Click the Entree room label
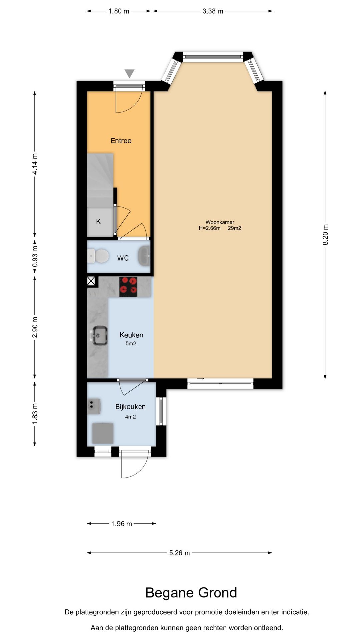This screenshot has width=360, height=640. coord(121,141)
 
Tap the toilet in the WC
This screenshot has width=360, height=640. coord(99,256)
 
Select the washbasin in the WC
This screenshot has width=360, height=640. coord(144,256)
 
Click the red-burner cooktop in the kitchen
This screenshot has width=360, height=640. coord(128,287)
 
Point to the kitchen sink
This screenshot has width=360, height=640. coord(99,336)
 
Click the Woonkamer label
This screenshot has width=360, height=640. coord(220,222)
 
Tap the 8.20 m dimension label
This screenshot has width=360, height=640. coord(325,235)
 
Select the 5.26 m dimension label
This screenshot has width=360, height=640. coord(179,553)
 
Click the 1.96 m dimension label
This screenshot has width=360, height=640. coord(122,524)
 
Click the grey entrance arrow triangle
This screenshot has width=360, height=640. coord(129,73)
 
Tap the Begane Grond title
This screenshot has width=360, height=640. coord(191,593)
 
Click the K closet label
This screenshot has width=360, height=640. coord(98,222)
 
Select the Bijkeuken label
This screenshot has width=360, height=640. coord(130,407)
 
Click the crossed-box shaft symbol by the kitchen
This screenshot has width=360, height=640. coord(91,281)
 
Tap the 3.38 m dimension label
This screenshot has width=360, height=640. coord(213,11)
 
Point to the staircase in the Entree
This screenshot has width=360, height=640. coord(100,180)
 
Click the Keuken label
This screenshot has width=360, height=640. coord(131,335)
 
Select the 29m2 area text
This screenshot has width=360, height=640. coord(234,228)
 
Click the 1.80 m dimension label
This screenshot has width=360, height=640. coord(119,11)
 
